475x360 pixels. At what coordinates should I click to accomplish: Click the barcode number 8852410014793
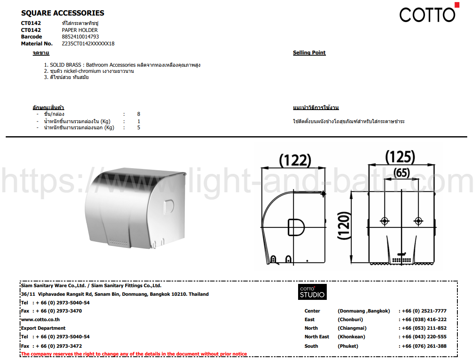[80, 36]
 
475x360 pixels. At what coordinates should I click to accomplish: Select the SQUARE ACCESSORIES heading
[63, 13]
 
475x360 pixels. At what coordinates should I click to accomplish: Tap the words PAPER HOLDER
[80, 30]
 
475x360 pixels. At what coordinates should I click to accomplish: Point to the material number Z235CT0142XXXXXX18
[88, 43]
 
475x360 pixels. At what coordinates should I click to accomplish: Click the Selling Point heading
[309, 53]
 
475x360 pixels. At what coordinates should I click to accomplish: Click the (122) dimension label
[295, 160]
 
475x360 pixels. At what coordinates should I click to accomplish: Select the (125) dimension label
[400, 157]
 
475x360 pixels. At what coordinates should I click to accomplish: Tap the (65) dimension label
[402, 173]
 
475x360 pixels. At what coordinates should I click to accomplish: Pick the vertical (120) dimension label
[344, 226]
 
